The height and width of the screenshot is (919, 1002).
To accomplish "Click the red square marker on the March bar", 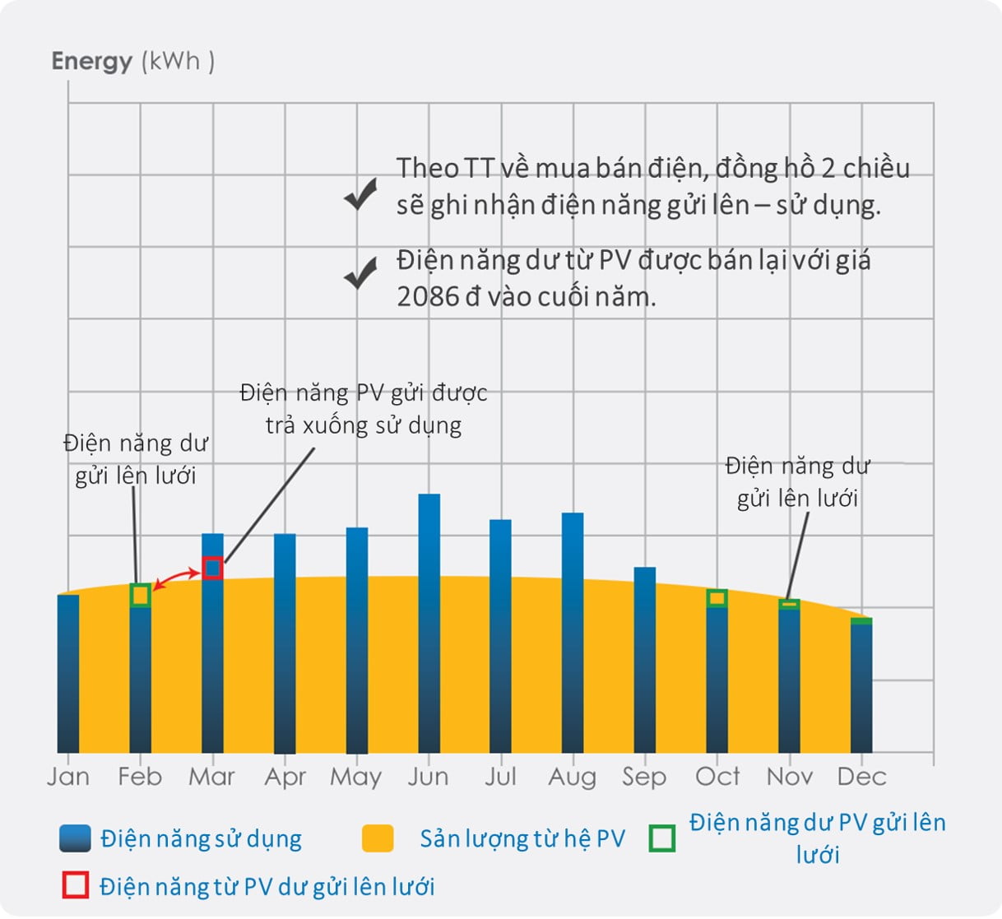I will (212, 568).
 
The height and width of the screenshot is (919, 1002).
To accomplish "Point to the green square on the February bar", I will (141, 595).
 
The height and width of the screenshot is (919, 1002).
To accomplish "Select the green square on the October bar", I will (717, 598).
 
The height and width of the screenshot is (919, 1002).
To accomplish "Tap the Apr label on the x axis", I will (285, 777).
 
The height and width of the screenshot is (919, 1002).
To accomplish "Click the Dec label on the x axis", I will (861, 777).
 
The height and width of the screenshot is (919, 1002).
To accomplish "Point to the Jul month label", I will (500, 777).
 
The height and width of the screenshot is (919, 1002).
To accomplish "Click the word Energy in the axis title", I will (91, 62).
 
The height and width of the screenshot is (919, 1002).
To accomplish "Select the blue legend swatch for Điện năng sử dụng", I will (75, 838).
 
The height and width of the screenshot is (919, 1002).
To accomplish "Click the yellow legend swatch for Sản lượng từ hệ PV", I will (378, 838).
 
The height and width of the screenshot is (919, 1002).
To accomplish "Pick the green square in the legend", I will (662, 838).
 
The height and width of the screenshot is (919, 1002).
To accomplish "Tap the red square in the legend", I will (75, 885).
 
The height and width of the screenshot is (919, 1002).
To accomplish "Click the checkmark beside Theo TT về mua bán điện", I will (360, 194).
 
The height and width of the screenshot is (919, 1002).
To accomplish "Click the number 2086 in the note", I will (427, 296).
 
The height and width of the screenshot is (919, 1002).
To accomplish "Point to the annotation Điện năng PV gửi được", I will (364, 392).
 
